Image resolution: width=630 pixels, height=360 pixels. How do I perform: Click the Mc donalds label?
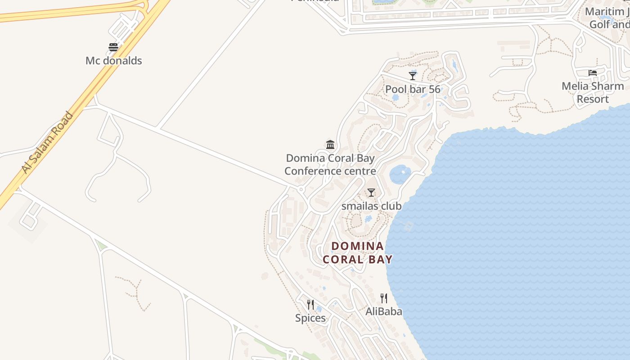[x=113, y=61]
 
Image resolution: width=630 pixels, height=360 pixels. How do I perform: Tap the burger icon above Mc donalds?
[x=113, y=47]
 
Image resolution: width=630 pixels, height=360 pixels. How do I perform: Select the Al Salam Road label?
[x=47, y=142]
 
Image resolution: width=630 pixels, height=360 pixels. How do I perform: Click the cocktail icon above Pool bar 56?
[x=413, y=76]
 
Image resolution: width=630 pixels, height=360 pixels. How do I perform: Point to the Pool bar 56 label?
[x=413, y=89]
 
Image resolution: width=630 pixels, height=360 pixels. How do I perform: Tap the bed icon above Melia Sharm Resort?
[x=593, y=72]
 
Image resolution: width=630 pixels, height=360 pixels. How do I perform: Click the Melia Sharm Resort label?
[x=593, y=92]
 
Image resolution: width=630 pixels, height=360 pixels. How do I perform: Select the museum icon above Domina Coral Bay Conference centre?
[x=330, y=144]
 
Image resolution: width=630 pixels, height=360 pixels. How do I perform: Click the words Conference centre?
[x=330, y=171]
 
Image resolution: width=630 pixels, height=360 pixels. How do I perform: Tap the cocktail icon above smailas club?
[x=371, y=193]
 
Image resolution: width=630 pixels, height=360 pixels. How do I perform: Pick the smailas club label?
[x=371, y=206]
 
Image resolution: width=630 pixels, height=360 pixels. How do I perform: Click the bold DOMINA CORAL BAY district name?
[x=358, y=252]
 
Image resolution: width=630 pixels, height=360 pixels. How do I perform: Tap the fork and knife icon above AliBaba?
[x=383, y=298]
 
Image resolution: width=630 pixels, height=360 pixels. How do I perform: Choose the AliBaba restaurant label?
[x=383, y=311]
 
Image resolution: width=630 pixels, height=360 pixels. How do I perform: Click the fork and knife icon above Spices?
[x=310, y=305]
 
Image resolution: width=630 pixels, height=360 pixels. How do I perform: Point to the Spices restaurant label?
[x=310, y=318]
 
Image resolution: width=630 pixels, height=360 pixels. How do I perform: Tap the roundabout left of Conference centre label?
[x=301, y=189]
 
